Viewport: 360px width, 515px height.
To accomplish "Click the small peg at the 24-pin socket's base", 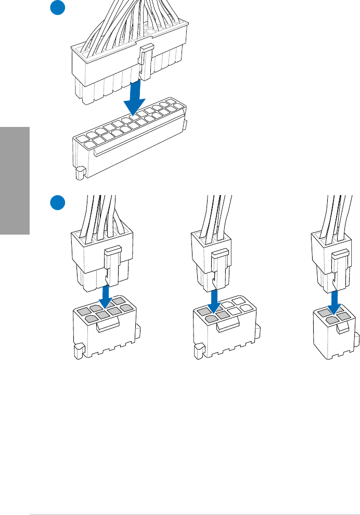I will point(80,173).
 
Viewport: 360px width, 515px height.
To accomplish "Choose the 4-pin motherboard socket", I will point(333,333).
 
